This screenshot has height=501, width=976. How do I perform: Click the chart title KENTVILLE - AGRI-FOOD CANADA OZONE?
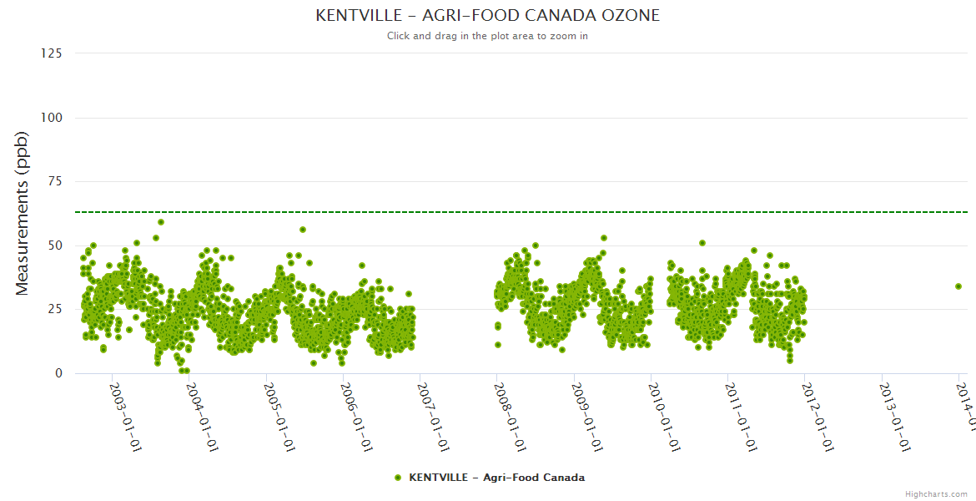[488, 16]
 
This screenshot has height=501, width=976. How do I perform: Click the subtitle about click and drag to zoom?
[488, 36]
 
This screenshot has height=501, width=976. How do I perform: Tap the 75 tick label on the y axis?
[54, 181]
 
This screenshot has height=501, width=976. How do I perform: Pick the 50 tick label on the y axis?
[54, 245]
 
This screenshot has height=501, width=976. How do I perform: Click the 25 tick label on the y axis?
[54, 310]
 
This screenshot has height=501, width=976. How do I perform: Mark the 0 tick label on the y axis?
[58, 373]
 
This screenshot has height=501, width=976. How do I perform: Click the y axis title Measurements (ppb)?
[23, 213]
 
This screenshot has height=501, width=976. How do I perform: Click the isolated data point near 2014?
[958, 286]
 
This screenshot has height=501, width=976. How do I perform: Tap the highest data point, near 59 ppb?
[161, 222]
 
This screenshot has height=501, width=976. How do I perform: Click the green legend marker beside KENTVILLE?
[398, 478]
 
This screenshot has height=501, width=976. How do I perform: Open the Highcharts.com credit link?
[936, 494]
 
